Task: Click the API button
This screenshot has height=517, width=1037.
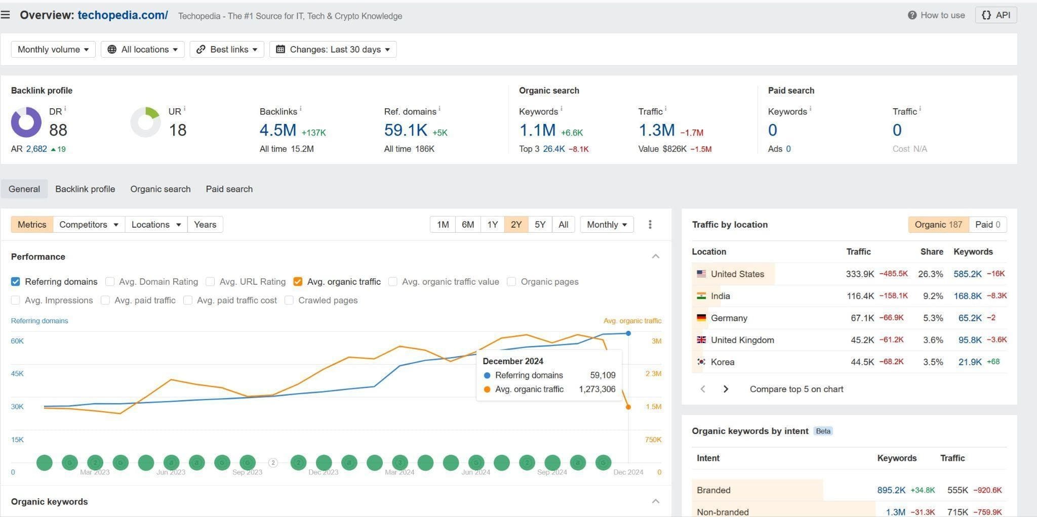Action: [x=995, y=15]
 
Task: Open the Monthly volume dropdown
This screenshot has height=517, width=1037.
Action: [x=53, y=49]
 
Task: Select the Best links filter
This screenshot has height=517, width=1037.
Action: [x=227, y=49]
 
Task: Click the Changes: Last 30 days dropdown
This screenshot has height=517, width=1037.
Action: [x=333, y=49]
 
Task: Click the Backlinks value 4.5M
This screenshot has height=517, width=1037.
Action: [x=277, y=130]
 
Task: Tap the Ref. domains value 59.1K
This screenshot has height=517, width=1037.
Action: [x=406, y=130]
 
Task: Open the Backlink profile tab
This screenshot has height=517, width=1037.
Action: [x=85, y=189]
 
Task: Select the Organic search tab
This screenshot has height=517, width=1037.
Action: [x=161, y=189]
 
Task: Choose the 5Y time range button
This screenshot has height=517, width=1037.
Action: [x=540, y=225]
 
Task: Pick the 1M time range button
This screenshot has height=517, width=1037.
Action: [x=443, y=225]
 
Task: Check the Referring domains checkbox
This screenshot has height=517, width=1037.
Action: [x=16, y=282]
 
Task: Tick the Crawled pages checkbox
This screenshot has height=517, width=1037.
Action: [x=289, y=300]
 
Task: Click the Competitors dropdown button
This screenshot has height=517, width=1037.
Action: [x=89, y=225]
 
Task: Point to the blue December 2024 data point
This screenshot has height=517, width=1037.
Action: [x=628, y=333]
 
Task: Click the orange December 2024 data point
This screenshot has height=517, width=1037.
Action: [x=628, y=407]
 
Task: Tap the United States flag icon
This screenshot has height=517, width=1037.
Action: [x=701, y=274]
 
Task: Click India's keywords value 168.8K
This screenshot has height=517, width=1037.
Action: [x=968, y=296]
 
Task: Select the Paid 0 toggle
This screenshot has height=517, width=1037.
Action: [x=987, y=225]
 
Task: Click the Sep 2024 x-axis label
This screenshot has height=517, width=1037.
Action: [x=552, y=472]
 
